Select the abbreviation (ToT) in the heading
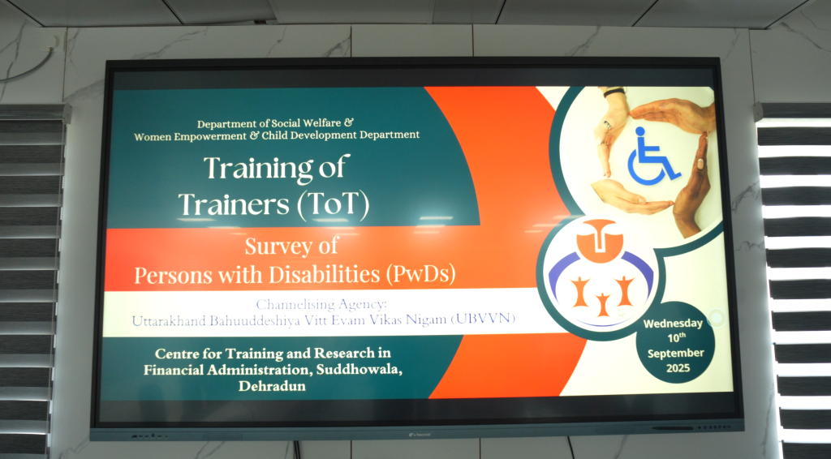tap(333, 205)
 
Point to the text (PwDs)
tap(421, 274)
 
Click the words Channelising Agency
tap(321, 304)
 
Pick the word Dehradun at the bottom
tap(272, 385)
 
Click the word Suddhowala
tap(359, 369)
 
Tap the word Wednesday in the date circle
tap(673, 324)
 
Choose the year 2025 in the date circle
tap(678, 368)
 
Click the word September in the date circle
tap(676, 353)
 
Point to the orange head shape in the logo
tap(599, 240)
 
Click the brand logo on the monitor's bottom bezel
tap(420, 435)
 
